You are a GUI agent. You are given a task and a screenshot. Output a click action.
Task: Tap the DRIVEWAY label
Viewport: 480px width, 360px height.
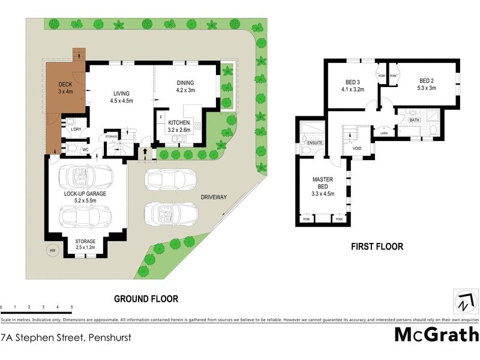coord(214,197)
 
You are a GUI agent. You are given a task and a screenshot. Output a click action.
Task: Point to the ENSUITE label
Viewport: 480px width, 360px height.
coord(315,143)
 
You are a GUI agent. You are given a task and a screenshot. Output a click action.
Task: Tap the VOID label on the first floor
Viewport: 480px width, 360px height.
coord(357,148)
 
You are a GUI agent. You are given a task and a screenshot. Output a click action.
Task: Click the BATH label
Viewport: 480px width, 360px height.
coord(414,120)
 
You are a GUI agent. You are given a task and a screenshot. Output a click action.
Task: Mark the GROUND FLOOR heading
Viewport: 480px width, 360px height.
coord(146,298)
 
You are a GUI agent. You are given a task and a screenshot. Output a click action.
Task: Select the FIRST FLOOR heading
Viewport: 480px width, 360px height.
coord(377,246)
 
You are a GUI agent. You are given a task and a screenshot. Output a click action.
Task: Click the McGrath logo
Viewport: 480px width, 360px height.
coord(436,334)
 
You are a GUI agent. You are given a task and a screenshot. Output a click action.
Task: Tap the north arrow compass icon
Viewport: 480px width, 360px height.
coord(463,301)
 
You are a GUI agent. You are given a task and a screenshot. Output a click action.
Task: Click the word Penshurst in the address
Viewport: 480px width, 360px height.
coord(109,337)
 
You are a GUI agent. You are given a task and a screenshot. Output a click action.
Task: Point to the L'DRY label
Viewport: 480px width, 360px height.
coord(76,129)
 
